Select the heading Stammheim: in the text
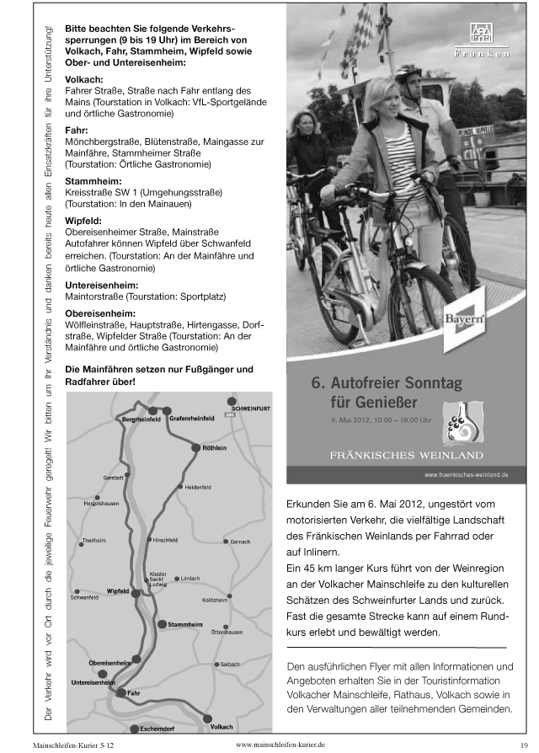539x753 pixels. coord(93,181)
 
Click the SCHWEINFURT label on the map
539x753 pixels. coord(249,408)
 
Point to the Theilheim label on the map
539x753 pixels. coord(93,539)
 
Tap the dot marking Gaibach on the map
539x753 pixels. coord(217,665)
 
